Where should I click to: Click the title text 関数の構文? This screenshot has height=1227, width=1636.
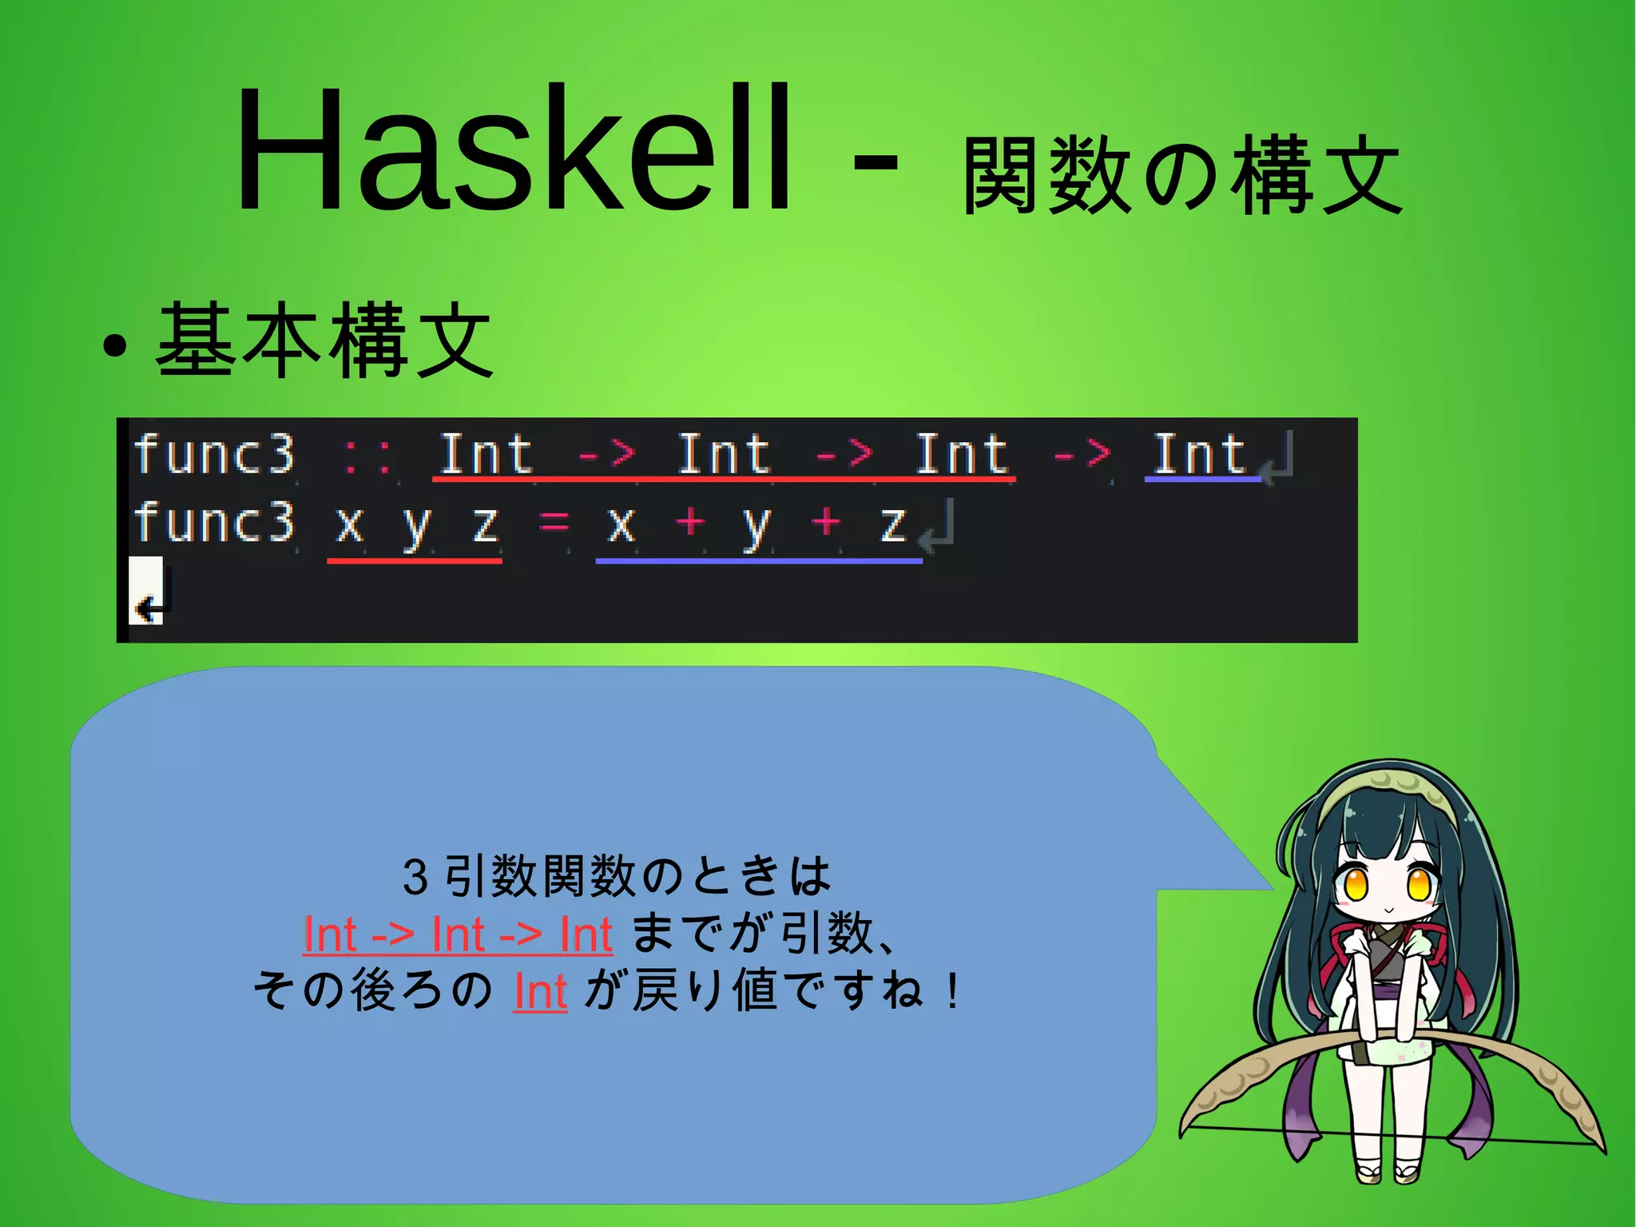tap(1182, 176)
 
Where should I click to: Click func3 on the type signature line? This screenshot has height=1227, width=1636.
tap(214, 455)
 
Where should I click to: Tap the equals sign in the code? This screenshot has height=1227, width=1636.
tap(554, 524)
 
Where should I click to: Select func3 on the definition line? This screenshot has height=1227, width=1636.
tap(214, 523)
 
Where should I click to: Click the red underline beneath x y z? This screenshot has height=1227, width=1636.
tap(414, 561)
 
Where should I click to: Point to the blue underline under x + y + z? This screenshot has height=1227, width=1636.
tap(759, 561)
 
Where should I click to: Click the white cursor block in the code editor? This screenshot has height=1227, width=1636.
tap(146, 591)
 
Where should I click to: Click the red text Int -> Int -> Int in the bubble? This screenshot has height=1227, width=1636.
tap(458, 934)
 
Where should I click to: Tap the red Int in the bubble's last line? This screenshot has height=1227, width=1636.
tap(540, 992)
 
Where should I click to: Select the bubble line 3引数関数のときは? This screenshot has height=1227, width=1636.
tap(617, 875)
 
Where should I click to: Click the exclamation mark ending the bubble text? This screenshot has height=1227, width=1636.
tap(951, 992)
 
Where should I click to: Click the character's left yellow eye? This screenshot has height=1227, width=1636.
tap(1356, 885)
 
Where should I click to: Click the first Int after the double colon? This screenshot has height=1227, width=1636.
tap(486, 455)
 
